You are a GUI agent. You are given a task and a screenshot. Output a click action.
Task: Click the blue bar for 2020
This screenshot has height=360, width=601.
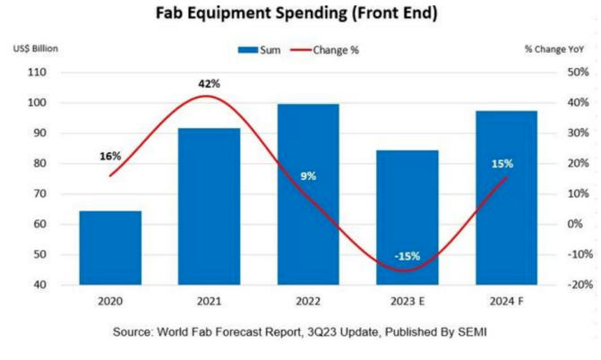point(110,248)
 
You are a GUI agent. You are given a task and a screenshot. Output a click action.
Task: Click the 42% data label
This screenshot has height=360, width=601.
point(209,83)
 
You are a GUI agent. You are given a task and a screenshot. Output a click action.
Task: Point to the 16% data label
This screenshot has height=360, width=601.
point(110,156)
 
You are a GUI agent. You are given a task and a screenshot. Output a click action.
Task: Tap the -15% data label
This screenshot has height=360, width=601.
point(408,257)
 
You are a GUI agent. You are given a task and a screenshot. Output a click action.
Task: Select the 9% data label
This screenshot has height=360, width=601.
point(308,176)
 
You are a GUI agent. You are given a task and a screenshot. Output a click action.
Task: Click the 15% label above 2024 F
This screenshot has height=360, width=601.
point(502,164)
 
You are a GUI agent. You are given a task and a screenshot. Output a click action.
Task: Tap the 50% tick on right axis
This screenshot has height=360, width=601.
point(554,72)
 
